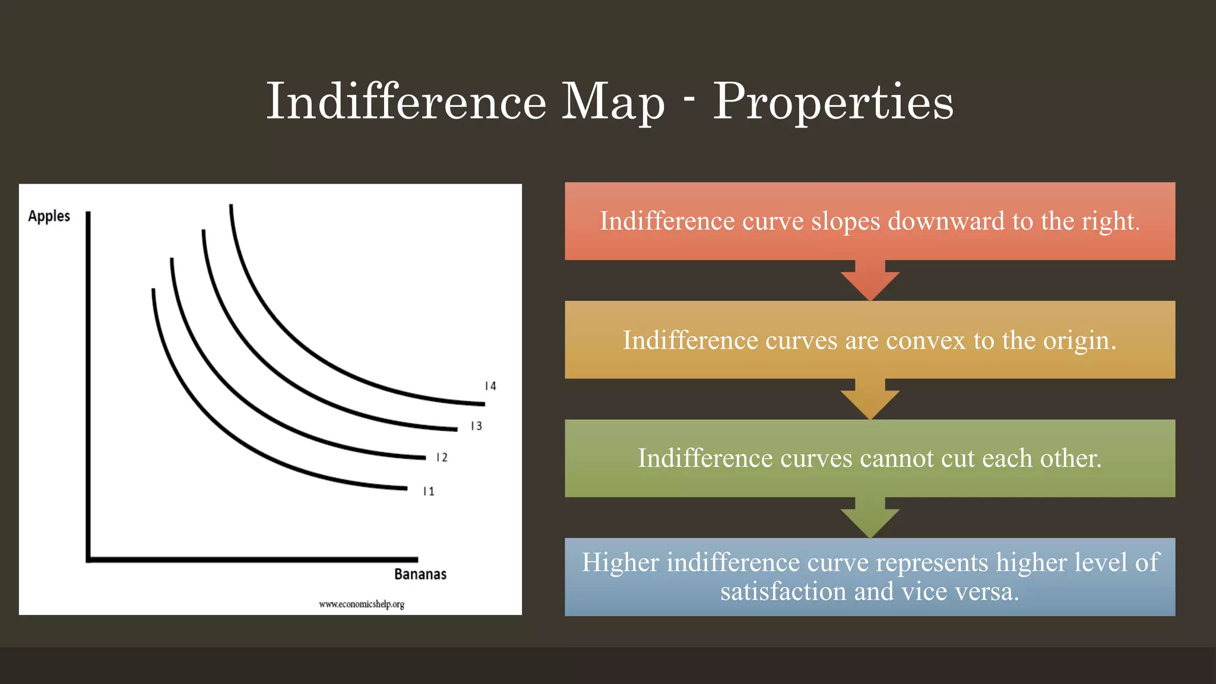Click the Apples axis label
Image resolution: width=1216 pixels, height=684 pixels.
click(x=49, y=216)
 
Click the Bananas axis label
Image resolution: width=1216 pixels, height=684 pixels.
click(x=420, y=574)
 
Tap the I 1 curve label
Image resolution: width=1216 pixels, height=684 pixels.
click(x=428, y=492)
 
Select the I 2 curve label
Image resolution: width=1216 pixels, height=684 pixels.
click(x=442, y=458)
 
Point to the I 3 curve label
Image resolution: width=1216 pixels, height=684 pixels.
click(x=476, y=426)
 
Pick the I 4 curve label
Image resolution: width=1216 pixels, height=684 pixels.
click(x=490, y=387)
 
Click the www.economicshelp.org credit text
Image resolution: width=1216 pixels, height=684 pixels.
click(x=362, y=604)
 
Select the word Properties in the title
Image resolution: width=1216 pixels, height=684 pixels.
click(x=832, y=102)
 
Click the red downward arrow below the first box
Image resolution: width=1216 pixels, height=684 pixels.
click(x=870, y=282)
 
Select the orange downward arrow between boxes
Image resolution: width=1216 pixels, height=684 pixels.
click(x=870, y=400)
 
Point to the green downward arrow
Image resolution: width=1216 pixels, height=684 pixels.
click(x=870, y=519)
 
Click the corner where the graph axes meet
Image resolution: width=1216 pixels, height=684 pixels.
click(x=88, y=559)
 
